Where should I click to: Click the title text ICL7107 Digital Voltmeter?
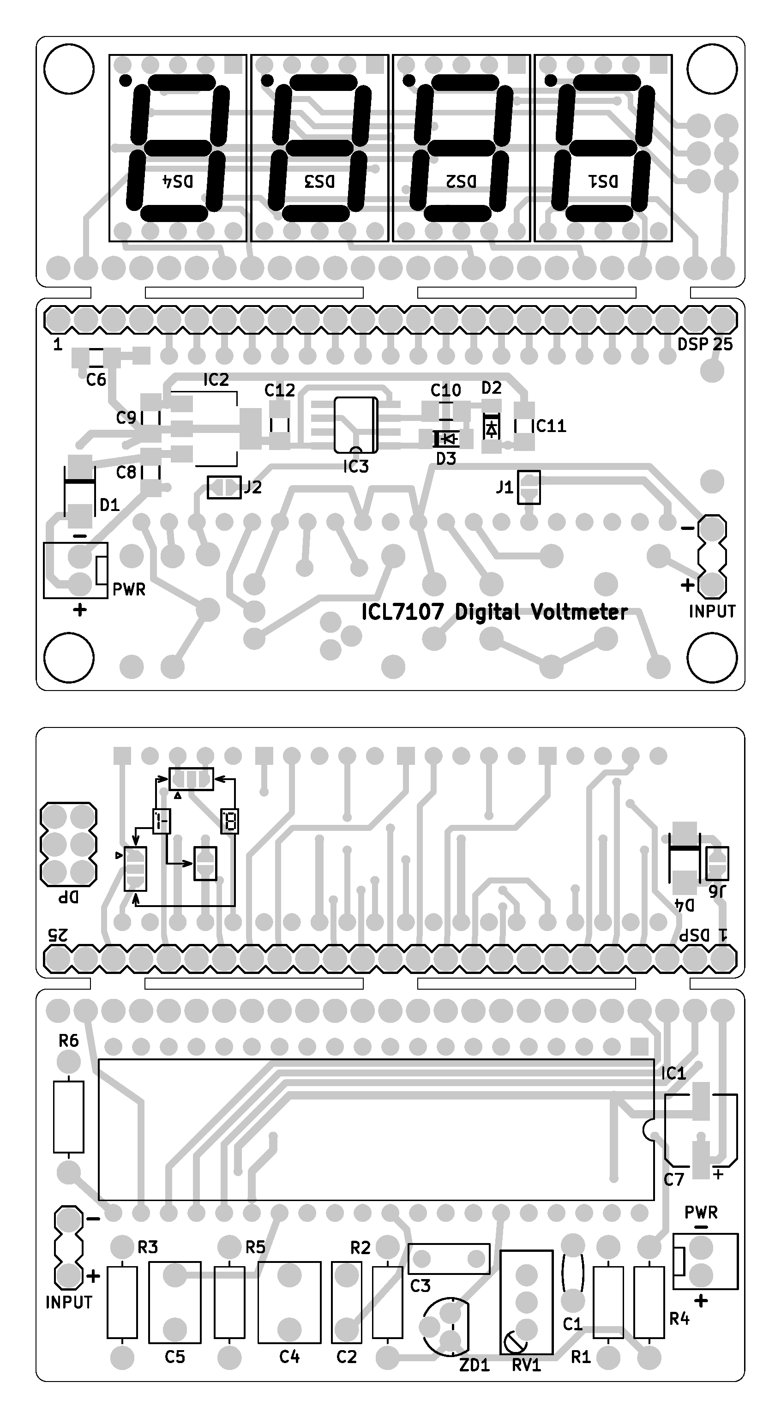494,612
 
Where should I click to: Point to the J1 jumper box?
529,487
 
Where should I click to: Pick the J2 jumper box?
224,487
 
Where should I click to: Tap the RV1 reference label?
526,1365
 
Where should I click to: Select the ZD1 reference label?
475,1365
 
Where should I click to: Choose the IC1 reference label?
673,1073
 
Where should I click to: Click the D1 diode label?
109,505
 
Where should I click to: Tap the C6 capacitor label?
96,379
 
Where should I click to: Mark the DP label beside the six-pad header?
69,898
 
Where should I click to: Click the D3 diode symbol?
446,439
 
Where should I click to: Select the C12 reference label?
280,391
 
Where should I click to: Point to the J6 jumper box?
716,863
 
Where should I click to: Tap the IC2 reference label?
216,380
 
